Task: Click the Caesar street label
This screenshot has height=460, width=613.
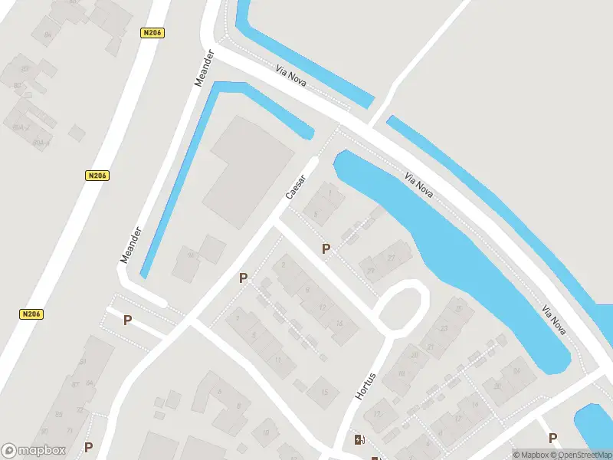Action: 296,188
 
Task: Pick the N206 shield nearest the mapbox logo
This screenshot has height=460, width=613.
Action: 31,314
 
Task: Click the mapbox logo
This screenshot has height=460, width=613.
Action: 34,451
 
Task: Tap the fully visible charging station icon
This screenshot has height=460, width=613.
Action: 359,439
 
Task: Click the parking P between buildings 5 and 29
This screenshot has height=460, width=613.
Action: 326,249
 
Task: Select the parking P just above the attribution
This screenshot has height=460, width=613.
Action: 553,438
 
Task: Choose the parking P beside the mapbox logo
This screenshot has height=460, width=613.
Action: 88,448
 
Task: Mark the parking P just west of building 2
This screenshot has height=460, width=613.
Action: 244,278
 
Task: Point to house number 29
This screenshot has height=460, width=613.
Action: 371,270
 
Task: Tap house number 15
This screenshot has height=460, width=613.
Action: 325,393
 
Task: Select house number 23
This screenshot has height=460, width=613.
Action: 444,328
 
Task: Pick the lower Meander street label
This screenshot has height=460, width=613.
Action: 131,245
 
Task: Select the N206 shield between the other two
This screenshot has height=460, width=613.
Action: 97,176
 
